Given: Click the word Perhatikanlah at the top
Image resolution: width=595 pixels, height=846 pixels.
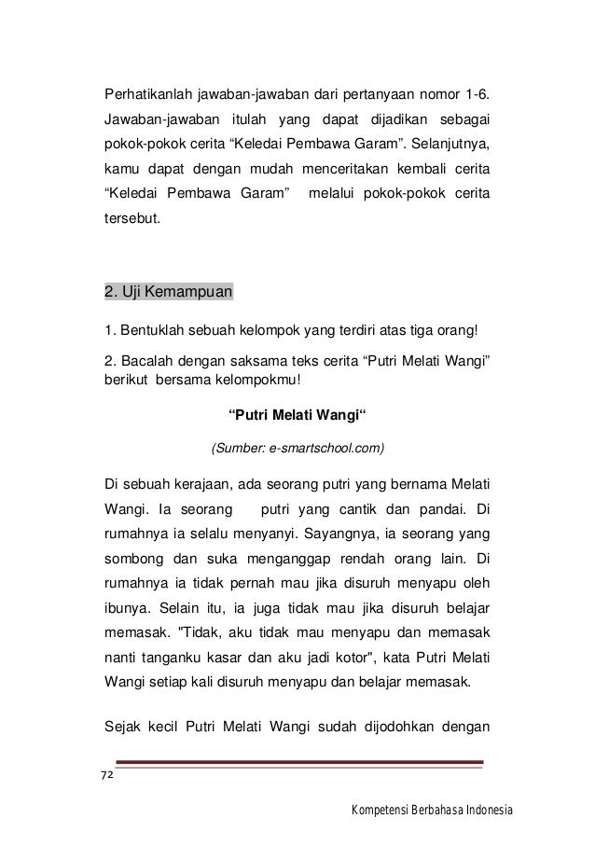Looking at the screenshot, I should tap(145, 95).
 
